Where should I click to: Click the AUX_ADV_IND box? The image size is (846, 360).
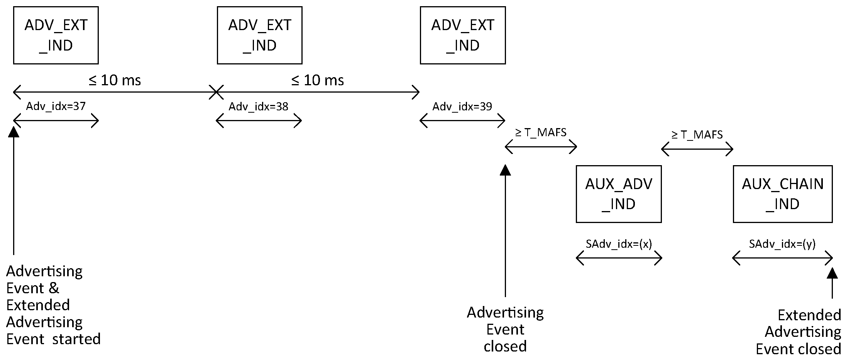618,194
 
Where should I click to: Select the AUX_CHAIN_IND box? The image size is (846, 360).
782,194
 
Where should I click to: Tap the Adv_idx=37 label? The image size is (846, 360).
56,106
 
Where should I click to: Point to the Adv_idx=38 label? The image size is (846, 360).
258,106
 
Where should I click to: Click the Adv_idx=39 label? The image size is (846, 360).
462,106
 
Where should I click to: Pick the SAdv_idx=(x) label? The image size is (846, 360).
619,244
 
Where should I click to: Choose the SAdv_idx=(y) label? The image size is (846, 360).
782,244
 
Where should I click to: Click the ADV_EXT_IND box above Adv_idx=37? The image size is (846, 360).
56,35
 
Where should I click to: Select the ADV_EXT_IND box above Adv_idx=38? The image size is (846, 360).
259,35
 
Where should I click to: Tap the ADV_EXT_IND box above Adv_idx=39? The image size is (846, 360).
463,35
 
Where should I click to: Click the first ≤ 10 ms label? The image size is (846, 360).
115,80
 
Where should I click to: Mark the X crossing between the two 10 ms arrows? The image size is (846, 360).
216,92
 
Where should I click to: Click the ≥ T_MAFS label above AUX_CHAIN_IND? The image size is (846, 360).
697,135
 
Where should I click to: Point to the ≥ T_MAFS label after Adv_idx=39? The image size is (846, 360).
541,133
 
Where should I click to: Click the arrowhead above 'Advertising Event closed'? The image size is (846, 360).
505,170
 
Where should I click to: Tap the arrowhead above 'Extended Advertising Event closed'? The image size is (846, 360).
832,273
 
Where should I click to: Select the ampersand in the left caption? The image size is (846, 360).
54,288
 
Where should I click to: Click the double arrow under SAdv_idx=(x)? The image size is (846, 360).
619,258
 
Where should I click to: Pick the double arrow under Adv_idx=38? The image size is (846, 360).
259,121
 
